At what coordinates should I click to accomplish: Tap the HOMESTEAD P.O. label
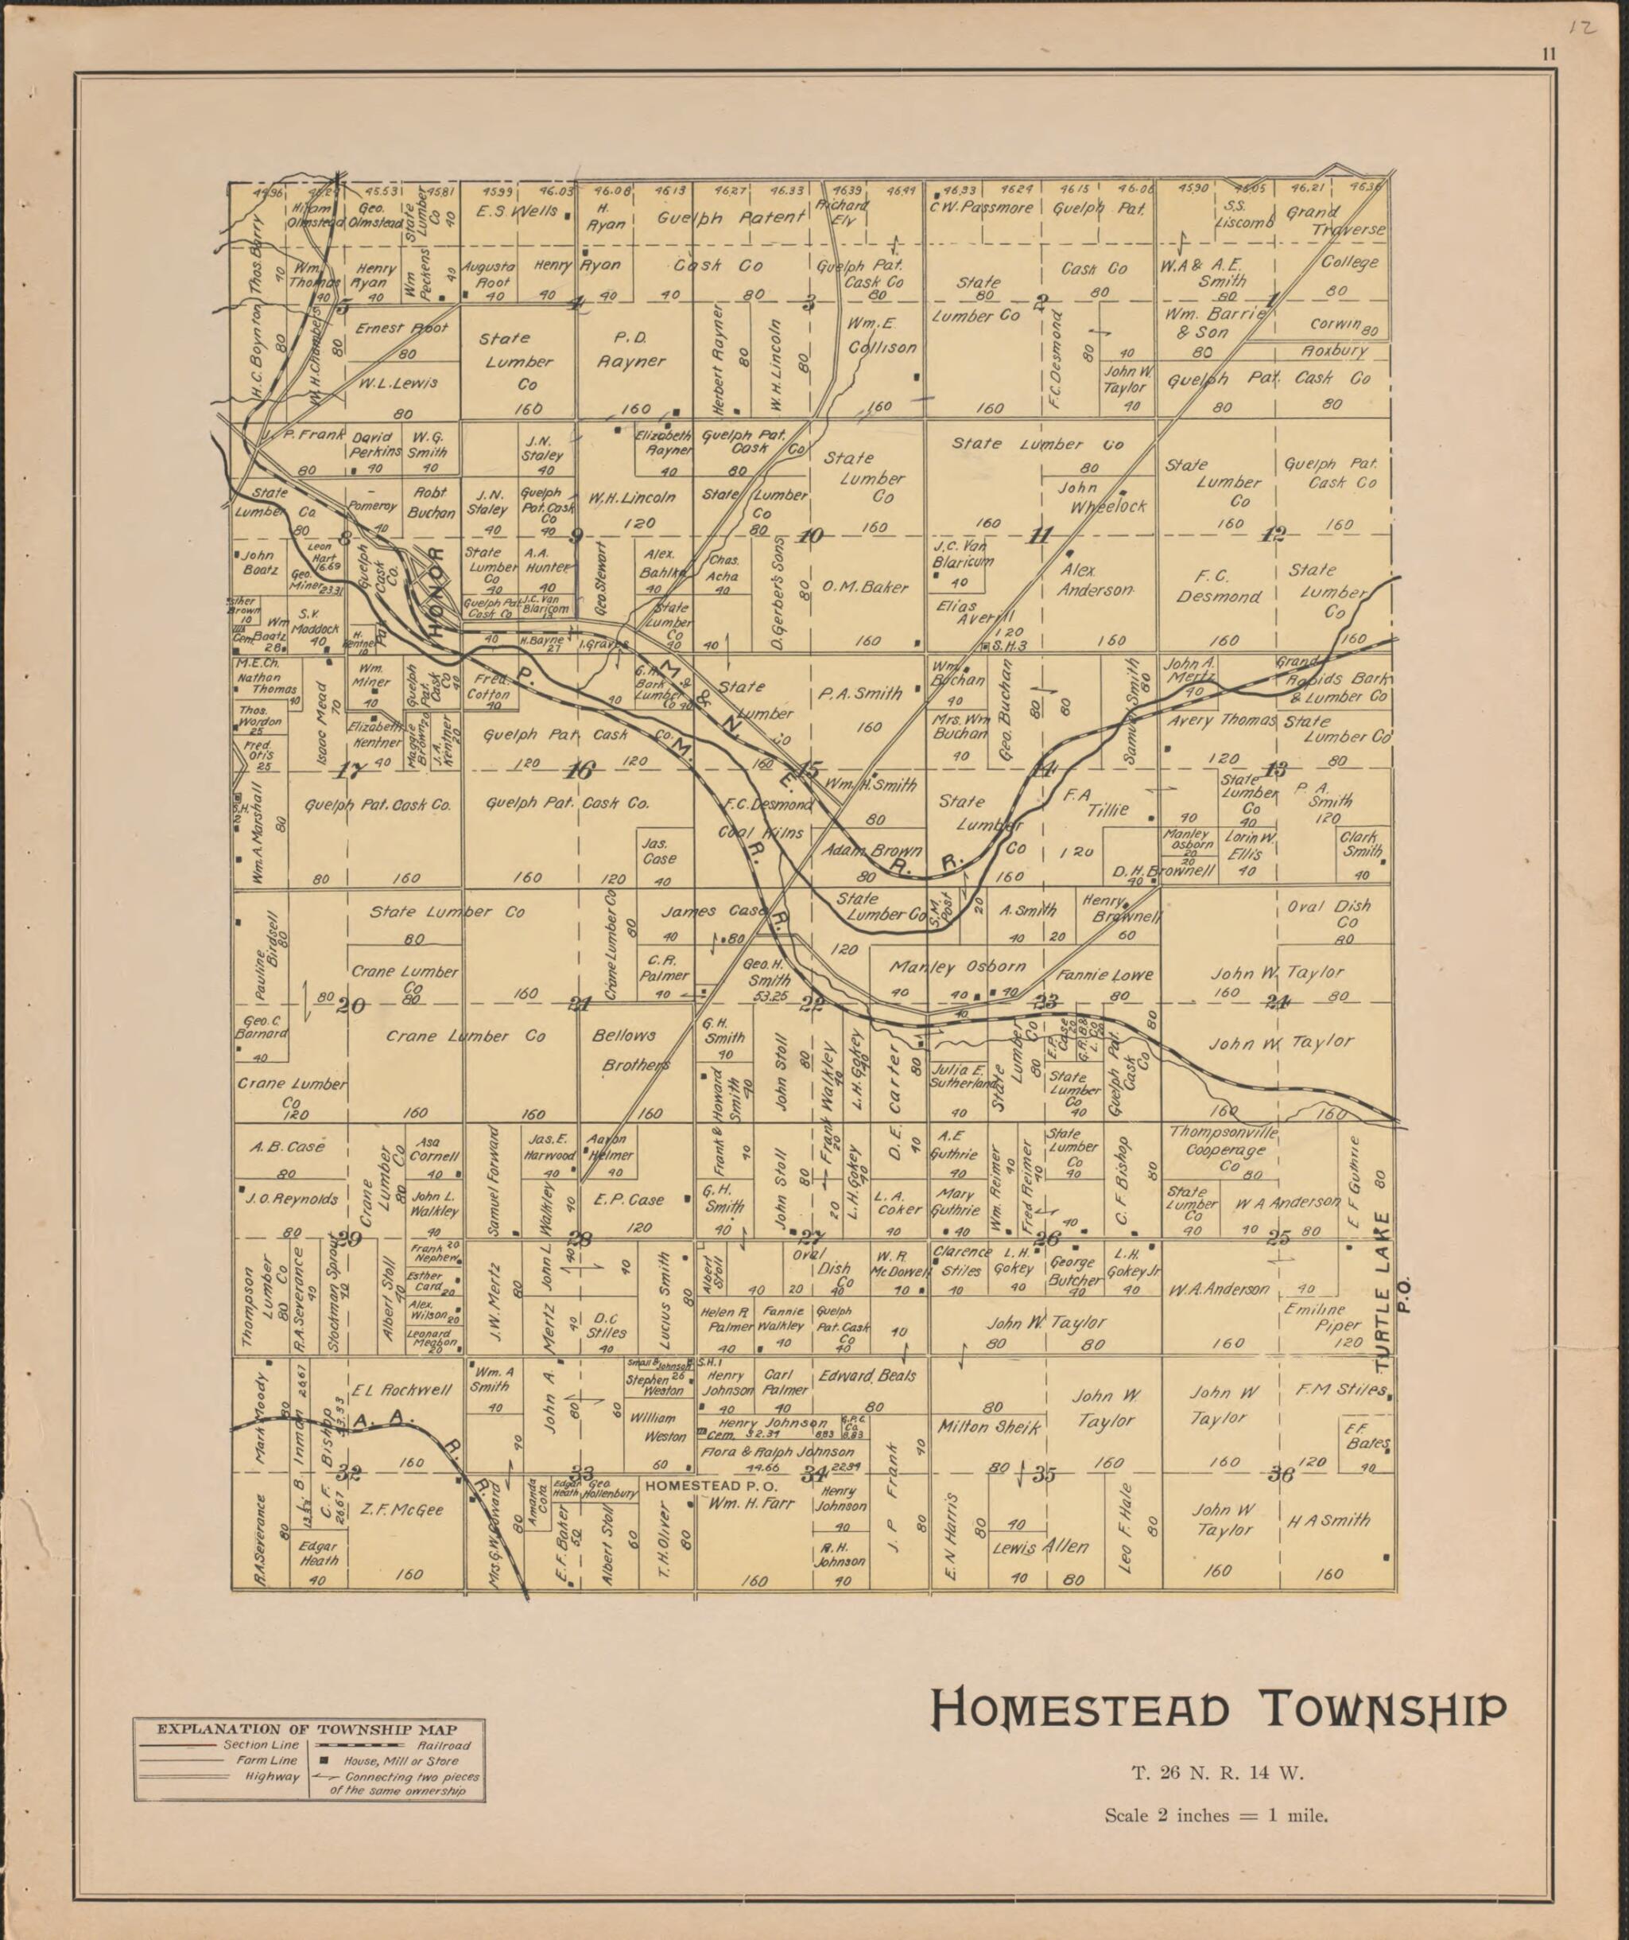(x=711, y=1487)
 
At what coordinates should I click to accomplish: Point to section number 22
(x=812, y=1005)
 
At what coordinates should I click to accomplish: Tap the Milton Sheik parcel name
(x=989, y=1427)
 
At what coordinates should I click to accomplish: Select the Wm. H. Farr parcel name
(x=754, y=1504)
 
